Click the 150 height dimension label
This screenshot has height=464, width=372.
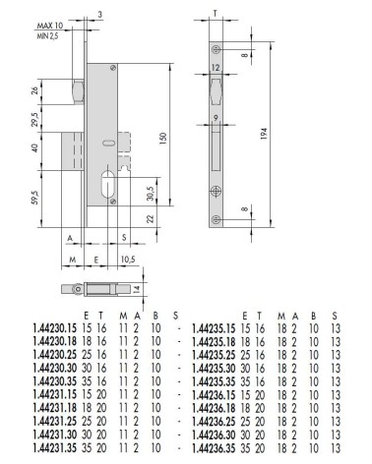pyautogui.click(x=163, y=139)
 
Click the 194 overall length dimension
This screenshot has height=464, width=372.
pyautogui.click(x=264, y=134)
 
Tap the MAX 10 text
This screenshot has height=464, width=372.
pyautogui.click(x=50, y=26)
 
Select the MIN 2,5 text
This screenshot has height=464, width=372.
pyautogui.click(x=47, y=35)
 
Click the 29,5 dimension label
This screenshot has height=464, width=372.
pyautogui.click(x=35, y=119)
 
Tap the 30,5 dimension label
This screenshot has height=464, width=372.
pyautogui.click(x=150, y=194)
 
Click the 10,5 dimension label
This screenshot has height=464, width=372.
pyautogui.click(x=128, y=260)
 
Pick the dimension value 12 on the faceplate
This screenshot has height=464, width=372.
pyautogui.click(x=216, y=68)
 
